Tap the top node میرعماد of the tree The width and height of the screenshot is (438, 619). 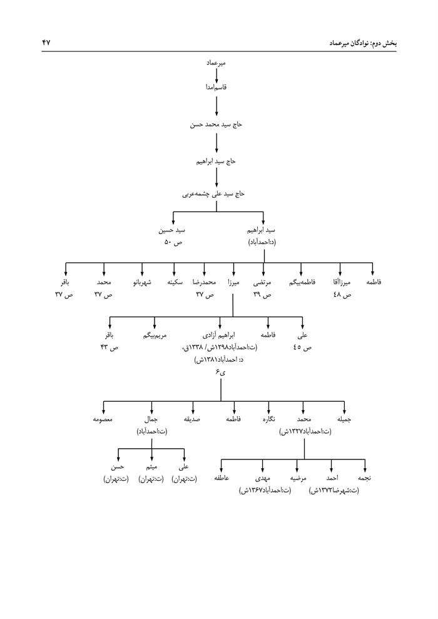(x=216, y=64)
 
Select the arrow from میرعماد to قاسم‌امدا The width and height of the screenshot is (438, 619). (x=216, y=76)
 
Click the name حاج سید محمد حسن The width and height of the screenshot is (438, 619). (x=216, y=125)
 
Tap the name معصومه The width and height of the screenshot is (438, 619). (x=101, y=420)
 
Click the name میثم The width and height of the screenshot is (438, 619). (x=151, y=468)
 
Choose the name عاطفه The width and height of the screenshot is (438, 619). (x=223, y=479)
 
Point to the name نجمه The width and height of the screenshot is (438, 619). (x=366, y=479)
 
